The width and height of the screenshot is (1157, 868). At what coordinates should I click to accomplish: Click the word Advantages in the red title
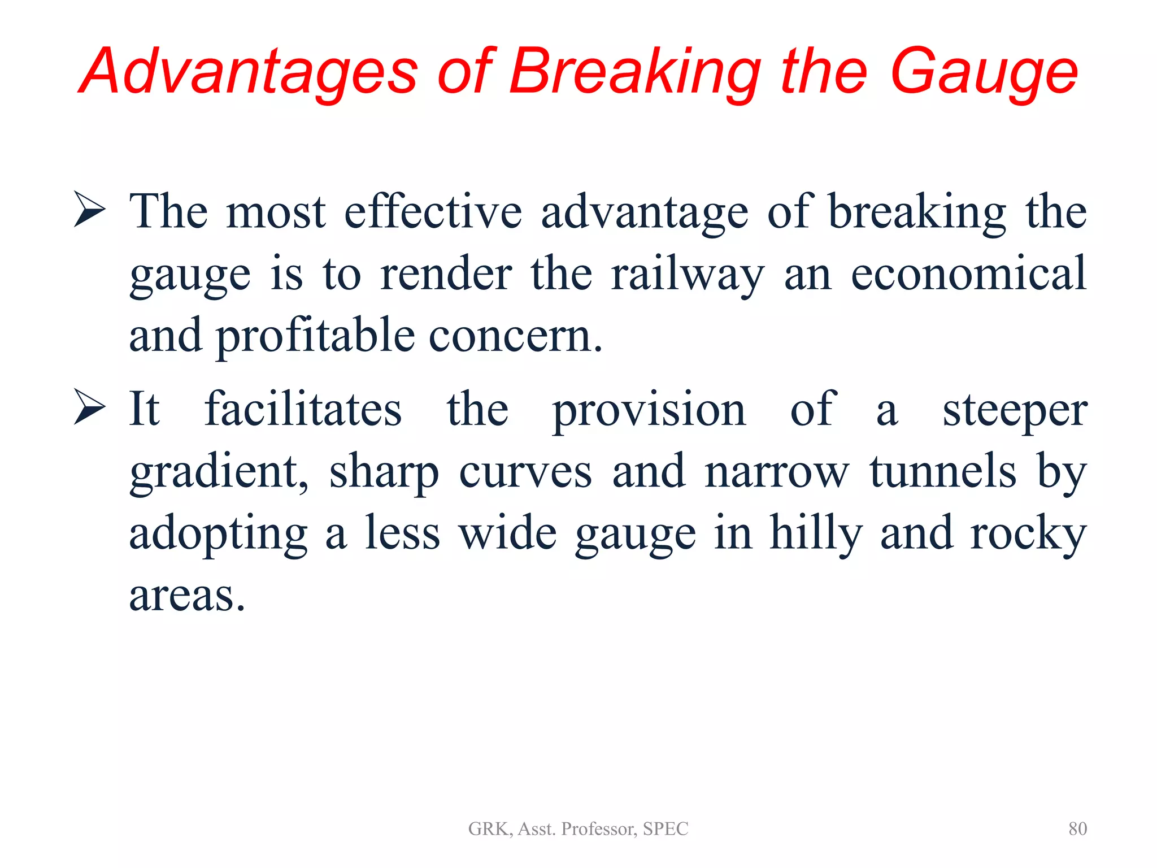point(249,72)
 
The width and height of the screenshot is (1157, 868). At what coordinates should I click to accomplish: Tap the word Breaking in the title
point(634,72)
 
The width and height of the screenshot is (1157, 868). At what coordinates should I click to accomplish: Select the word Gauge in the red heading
point(984,72)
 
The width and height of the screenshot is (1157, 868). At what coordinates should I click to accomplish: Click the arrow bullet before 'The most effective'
point(89,210)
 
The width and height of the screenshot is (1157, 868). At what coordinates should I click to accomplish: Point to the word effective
point(433,211)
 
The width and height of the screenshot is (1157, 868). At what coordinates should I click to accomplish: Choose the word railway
point(687,275)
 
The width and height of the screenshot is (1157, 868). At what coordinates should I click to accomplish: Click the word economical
point(968,274)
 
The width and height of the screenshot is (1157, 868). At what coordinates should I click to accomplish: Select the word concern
point(515,336)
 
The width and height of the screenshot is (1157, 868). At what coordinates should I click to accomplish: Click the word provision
point(649,410)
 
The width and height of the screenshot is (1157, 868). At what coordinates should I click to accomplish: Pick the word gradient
point(219,472)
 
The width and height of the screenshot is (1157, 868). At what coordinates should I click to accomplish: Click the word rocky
point(1028,533)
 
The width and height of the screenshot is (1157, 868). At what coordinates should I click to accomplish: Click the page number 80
point(1077,828)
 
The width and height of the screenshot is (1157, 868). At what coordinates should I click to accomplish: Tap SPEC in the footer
point(666,828)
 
